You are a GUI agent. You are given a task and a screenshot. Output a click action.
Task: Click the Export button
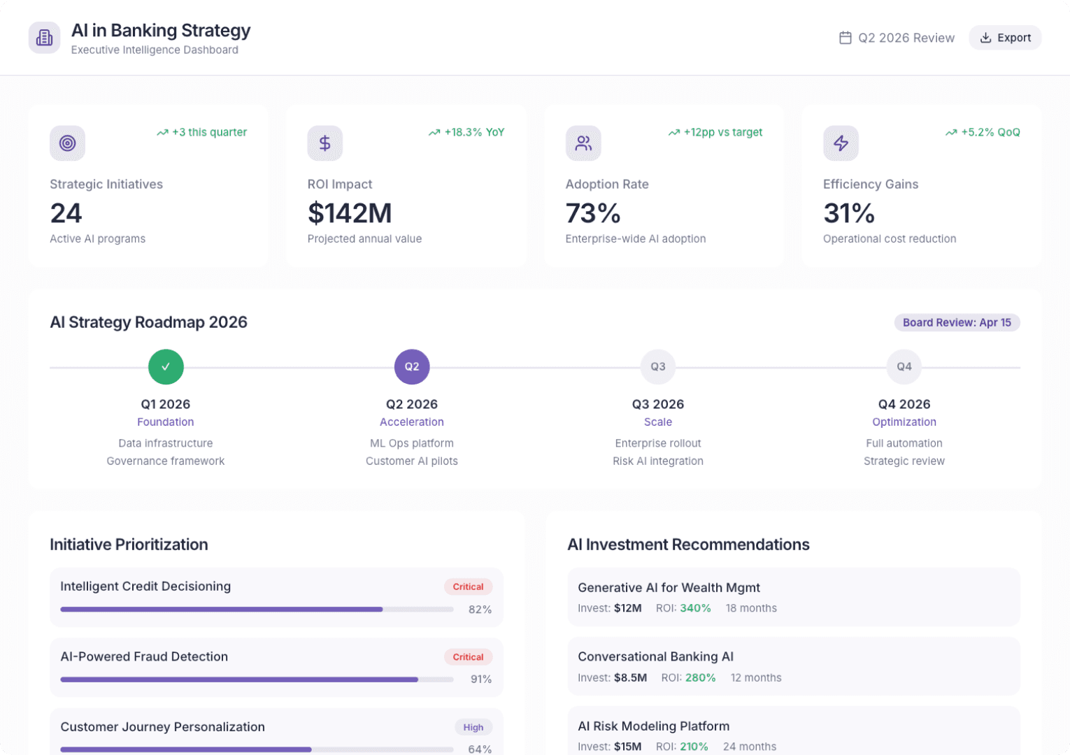[1005, 38]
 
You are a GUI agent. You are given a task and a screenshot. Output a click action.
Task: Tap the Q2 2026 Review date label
[897, 38]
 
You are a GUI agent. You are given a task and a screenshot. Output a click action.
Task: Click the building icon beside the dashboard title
[44, 38]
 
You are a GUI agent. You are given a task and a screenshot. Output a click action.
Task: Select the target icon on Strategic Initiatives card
[67, 143]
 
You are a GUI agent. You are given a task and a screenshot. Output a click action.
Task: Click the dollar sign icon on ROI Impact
[324, 143]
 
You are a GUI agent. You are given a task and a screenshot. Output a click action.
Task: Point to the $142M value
[350, 213]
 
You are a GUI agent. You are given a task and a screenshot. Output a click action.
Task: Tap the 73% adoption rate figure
[593, 213]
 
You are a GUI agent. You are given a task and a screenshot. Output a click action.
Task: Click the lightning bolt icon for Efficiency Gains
[841, 143]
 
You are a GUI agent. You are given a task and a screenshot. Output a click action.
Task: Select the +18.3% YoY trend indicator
[466, 132]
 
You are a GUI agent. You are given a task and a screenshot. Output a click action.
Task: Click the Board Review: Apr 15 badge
[956, 322]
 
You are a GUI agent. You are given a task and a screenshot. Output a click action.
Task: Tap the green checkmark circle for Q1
[166, 367]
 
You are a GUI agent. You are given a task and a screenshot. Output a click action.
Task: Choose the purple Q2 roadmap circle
[412, 367]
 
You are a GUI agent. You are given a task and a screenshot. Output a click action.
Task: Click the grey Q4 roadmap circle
[904, 367]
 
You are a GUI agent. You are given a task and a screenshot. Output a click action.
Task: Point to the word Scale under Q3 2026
[657, 422]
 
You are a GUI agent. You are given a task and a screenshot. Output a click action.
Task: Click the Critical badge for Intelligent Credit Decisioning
[468, 587]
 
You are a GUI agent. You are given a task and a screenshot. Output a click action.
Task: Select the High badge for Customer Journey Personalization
[473, 727]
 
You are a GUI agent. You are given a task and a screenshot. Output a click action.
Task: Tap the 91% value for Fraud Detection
[480, 679]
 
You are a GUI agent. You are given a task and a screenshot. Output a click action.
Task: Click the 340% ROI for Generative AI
[695, 608]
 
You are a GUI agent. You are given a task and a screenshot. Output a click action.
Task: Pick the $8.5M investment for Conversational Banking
[631, 677]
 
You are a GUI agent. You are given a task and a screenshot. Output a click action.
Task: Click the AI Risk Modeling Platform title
[653, 726]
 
